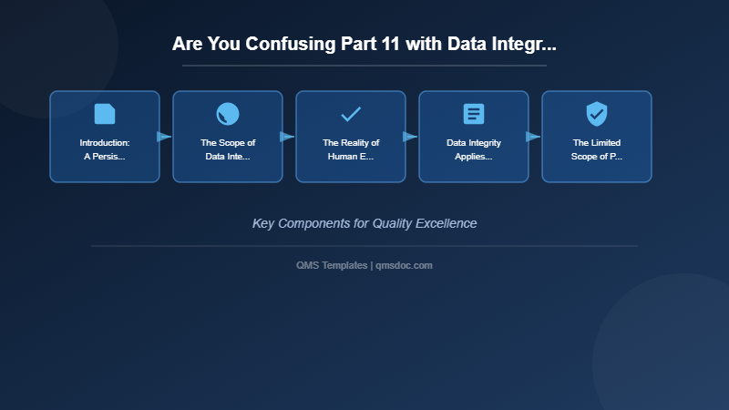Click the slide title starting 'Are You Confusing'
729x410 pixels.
[x=364, y=44]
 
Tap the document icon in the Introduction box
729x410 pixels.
[x=105, y=114]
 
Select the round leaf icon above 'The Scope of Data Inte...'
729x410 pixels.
[x=228, y=114]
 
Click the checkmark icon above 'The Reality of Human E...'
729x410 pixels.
[x=351, y=114]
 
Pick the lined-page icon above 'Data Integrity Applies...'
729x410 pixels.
[x=474, y=114]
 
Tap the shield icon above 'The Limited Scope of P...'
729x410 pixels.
[x=597, y=114]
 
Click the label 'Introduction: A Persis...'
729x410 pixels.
[x=105, y=149]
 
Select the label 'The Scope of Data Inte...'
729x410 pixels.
[x=228, y=149]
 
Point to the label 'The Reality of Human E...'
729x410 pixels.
[x=351, y=149]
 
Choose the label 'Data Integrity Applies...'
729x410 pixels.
[x=474, y=149]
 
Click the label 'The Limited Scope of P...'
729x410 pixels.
[x=597, y=149]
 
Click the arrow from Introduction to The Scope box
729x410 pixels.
[x=164, y=137]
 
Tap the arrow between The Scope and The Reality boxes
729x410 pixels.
[x=287, y=137]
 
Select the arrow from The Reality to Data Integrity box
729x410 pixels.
[x=410, y=137]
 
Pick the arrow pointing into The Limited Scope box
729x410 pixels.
[x=533, y=137]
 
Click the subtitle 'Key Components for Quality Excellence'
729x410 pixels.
[x=364, y=223]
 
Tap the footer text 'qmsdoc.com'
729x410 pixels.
[x=404, y=265]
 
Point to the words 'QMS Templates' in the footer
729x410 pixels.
[x=332, y=265]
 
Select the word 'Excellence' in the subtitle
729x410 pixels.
[x=446, y=223]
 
